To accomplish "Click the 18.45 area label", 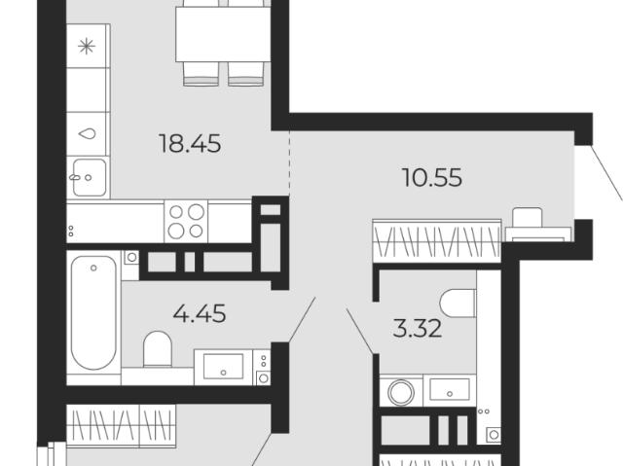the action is pyautogui.click(x=190, y=143).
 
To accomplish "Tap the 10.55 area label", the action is pyautogui.click(x=432, y=177).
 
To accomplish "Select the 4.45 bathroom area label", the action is pyautogui.click(x=200, y=313).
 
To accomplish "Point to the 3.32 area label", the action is pyautogui.click(x=418, y=328).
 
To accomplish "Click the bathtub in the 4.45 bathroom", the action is pyautogui.click(x=93, y=313).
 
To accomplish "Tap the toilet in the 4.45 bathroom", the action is pyautogui.click(x=158, y=349).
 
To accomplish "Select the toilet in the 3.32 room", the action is pyautogui.click(x=458, y=304).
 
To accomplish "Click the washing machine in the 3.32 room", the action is pyautogui.click(x=401, y=391).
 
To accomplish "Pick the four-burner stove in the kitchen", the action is pyautogui.click(x=186, y=222).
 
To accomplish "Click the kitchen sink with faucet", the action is pyautogui.click(x=89, y=177).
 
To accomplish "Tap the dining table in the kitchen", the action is pyautogui.click(x=223, y=34).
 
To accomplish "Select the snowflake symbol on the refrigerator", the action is pyautogui.click(x=87, y=47).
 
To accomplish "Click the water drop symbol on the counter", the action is pyautogui.click(x=87, y=133).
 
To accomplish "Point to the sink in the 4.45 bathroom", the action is pyautogui.click(x=223, y=367).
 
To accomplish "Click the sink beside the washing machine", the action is pyautogui.click(x=450, y=390).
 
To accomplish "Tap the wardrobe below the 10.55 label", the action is pyautogui.click(x=437, y=241).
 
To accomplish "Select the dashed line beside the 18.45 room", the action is pyautogui.click(x=289, y=163).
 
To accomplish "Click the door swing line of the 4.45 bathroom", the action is pyautogui.click(x=303, y=319).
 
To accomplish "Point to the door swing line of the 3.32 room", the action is pyautogui.click(x=360, y=331).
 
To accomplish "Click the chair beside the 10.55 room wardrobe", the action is pyautogui.click(x=528, y=217).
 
